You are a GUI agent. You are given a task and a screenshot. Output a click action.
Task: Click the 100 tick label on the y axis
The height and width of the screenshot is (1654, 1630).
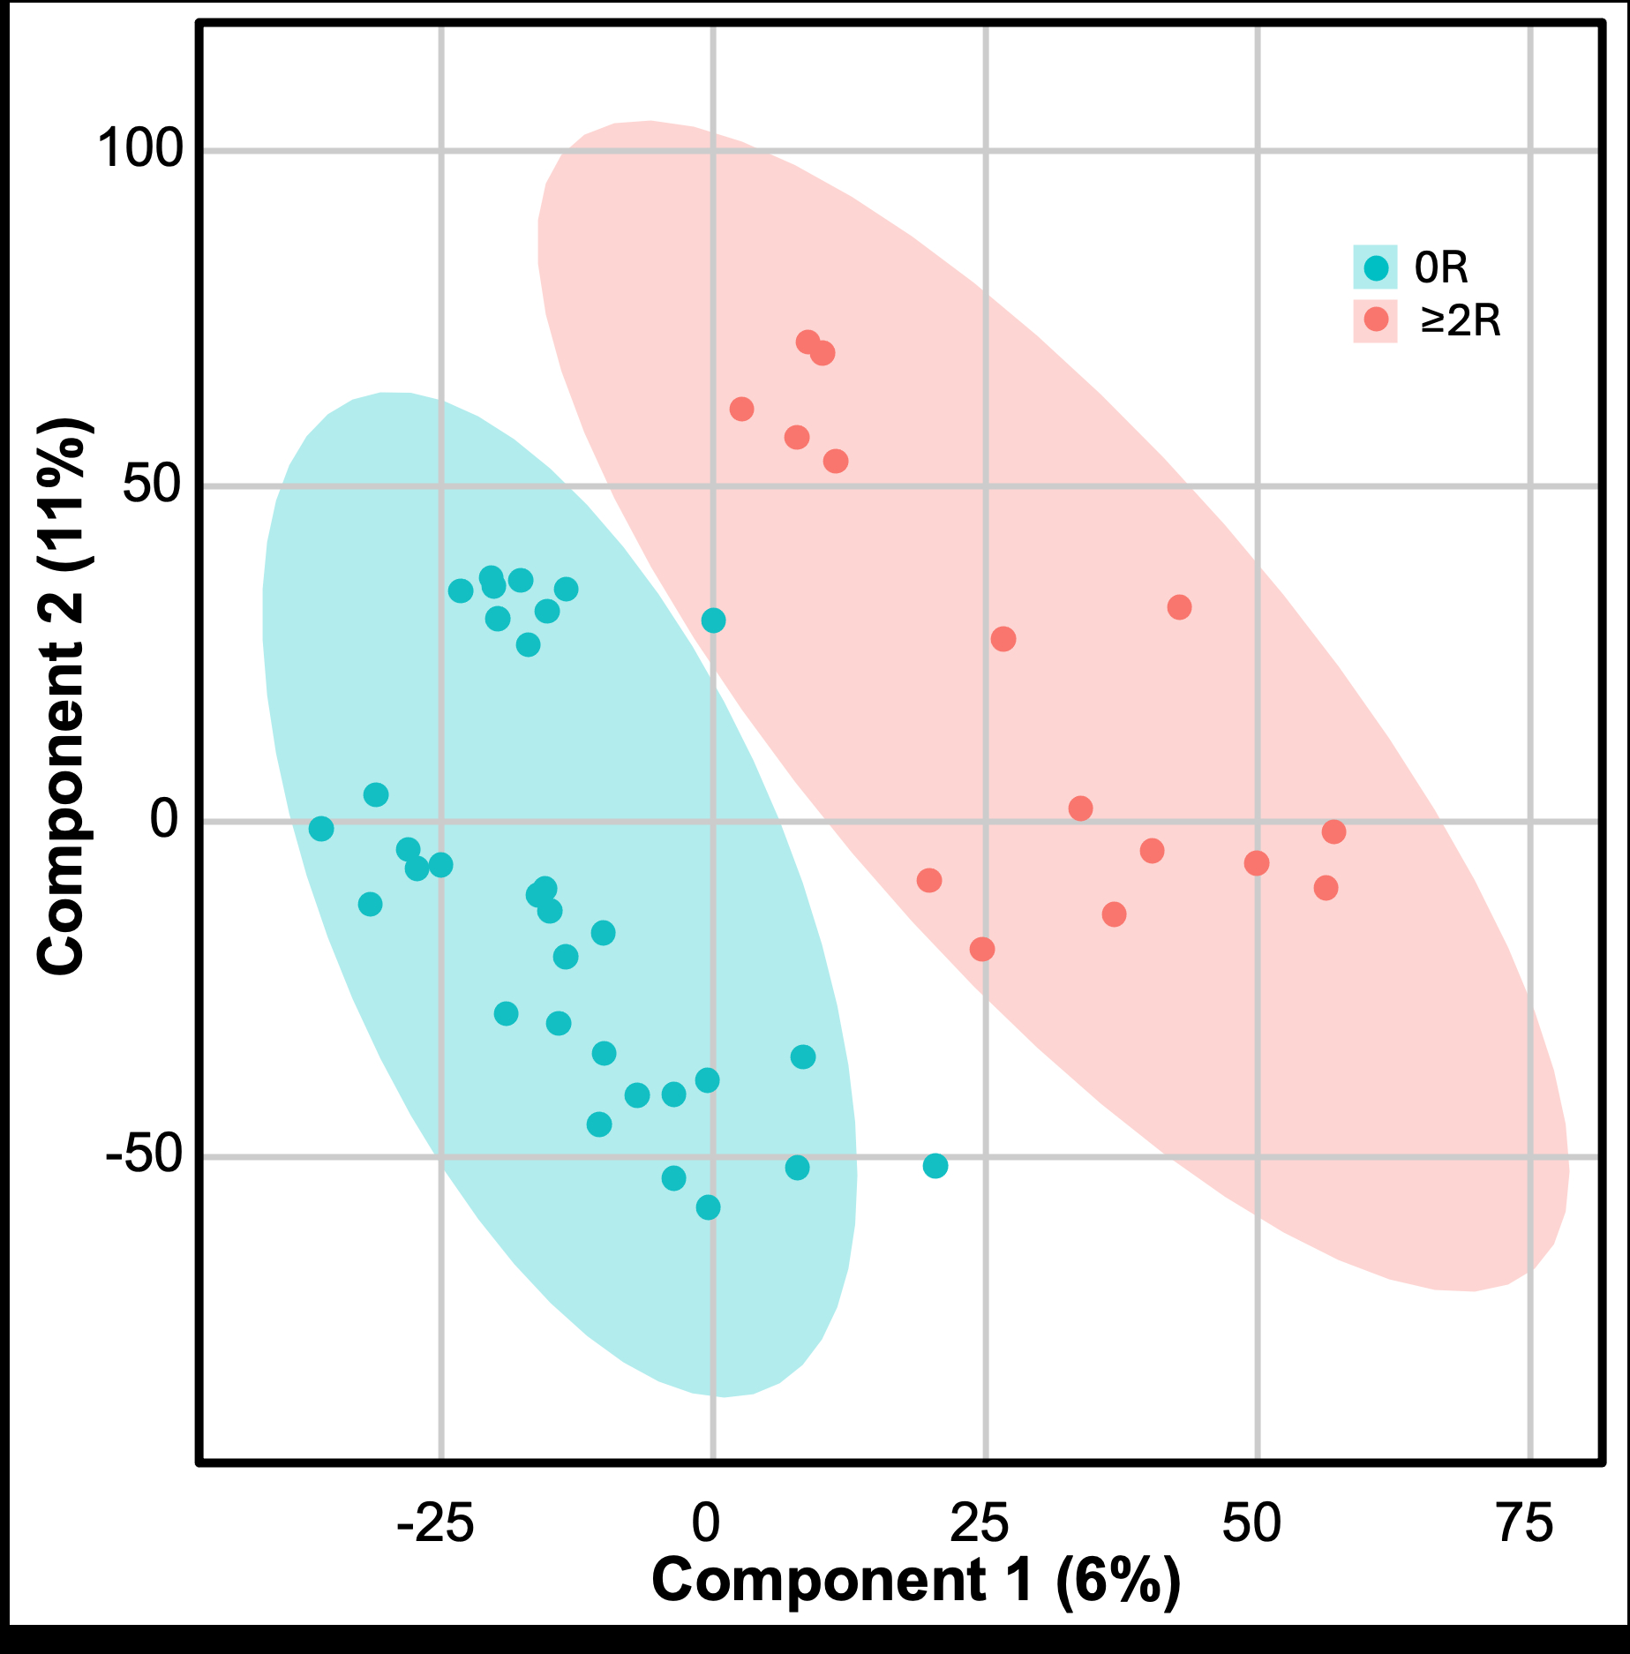[x=139, y=148]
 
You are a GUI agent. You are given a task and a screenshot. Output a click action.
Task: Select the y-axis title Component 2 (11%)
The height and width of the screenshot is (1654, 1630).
[x=62, y=697]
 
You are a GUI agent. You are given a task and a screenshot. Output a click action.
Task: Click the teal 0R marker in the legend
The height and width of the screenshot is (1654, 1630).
[x=1375, y=267]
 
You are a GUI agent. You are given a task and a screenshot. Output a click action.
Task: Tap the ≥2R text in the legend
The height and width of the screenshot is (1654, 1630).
[x=1460, y=321]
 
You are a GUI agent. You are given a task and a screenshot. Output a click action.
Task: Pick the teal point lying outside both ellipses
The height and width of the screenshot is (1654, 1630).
[x=935, y=1166]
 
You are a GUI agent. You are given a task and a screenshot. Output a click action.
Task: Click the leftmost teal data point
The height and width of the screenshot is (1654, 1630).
[x=321, y=829]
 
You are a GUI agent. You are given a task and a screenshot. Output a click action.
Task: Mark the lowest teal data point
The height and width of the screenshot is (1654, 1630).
[x=708, y=1207]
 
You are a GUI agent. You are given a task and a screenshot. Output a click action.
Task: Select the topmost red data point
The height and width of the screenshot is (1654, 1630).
[x=807, y=342]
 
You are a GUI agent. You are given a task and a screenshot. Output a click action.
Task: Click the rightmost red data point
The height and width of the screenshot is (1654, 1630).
[x=1333, y=831]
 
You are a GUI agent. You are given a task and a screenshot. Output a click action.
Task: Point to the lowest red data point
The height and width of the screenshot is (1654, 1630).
[x=982, y=950]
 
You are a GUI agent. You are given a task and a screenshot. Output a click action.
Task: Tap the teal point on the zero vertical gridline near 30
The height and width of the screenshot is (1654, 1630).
[x=713, y=620]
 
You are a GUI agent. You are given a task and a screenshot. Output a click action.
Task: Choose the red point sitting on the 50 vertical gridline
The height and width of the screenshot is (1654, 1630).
[x=1257, y=863]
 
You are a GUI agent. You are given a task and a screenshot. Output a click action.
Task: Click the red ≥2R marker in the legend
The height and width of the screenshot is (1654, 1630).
[x=1375, y=320]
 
